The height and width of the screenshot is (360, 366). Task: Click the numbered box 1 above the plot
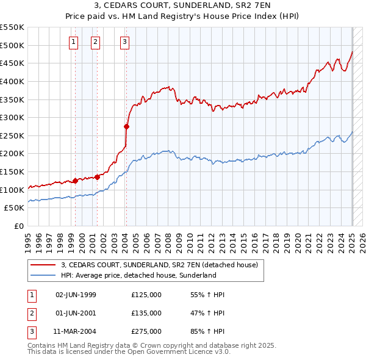(73, 42)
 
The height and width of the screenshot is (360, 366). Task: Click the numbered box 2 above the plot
(96, 42)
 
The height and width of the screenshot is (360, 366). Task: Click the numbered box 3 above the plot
(124, 42)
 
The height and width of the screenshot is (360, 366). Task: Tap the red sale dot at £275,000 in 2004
(126, 127)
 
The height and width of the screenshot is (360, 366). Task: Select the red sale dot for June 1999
(75, 181)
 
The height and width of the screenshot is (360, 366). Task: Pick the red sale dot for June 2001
(97, 177)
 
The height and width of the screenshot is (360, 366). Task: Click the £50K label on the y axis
(15, 207)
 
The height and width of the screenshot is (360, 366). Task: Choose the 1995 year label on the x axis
(28, 237)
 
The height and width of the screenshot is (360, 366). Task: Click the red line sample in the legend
(42, 265)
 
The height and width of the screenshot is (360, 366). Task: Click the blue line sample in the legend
(42, 276)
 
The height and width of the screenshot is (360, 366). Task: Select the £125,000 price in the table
(146, 295)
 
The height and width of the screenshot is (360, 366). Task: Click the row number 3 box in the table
(32, 332)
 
